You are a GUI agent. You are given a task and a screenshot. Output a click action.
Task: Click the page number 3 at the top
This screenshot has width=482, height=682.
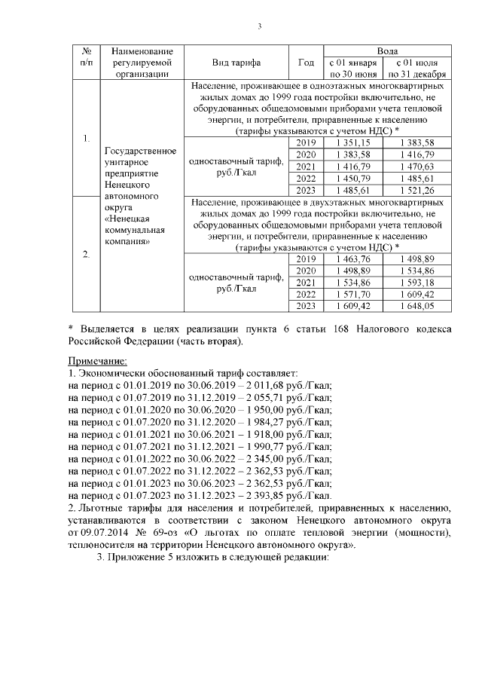(258, 28)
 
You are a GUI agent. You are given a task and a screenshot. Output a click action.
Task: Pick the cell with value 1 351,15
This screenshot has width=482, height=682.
(353, 142)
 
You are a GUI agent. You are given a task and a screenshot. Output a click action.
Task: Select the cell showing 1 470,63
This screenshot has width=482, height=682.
(417, 167)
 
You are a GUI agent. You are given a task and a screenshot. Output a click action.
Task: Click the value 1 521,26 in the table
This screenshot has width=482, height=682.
(417, 191)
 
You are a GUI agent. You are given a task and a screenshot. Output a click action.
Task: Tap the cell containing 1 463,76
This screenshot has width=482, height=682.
(353, 258)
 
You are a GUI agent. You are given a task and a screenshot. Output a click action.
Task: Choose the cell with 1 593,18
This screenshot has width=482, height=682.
(417, 283)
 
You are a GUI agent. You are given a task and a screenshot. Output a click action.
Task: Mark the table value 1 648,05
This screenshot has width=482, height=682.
(417, 307)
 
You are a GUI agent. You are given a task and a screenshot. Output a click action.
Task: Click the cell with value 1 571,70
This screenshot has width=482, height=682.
(353, 295)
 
